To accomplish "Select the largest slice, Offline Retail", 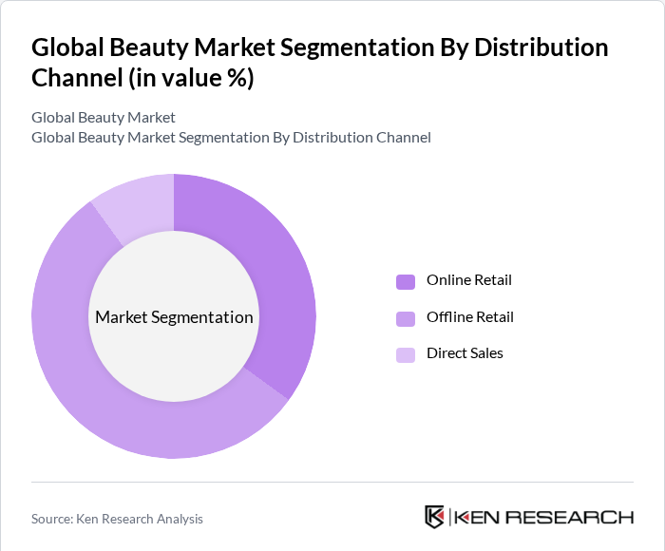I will click(114, 399).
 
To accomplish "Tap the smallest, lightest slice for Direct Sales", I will click(138, 204).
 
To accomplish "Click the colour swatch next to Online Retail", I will click(406, 281).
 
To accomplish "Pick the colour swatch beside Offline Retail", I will click(406, 318).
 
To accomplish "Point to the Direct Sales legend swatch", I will click(406, 354).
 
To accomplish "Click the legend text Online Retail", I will click(468, 280).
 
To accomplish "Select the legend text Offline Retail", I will click(469, 317).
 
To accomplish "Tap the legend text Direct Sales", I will click(465, 353).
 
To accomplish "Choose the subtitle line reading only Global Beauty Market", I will click(104, 118).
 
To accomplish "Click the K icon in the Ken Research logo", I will click(435, 517).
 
